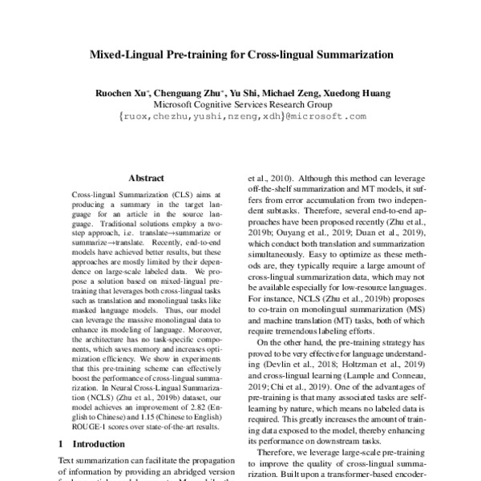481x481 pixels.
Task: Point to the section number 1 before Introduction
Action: (x=63, y=443)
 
